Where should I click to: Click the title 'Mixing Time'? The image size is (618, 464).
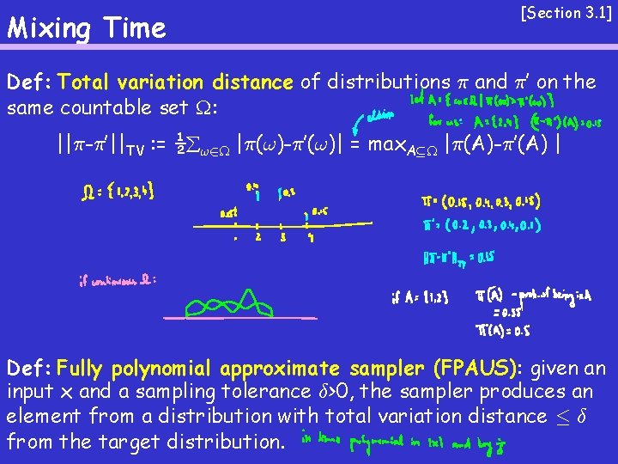[x=86, y=28]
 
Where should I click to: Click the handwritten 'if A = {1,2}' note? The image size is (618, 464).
[x=415, y=298]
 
